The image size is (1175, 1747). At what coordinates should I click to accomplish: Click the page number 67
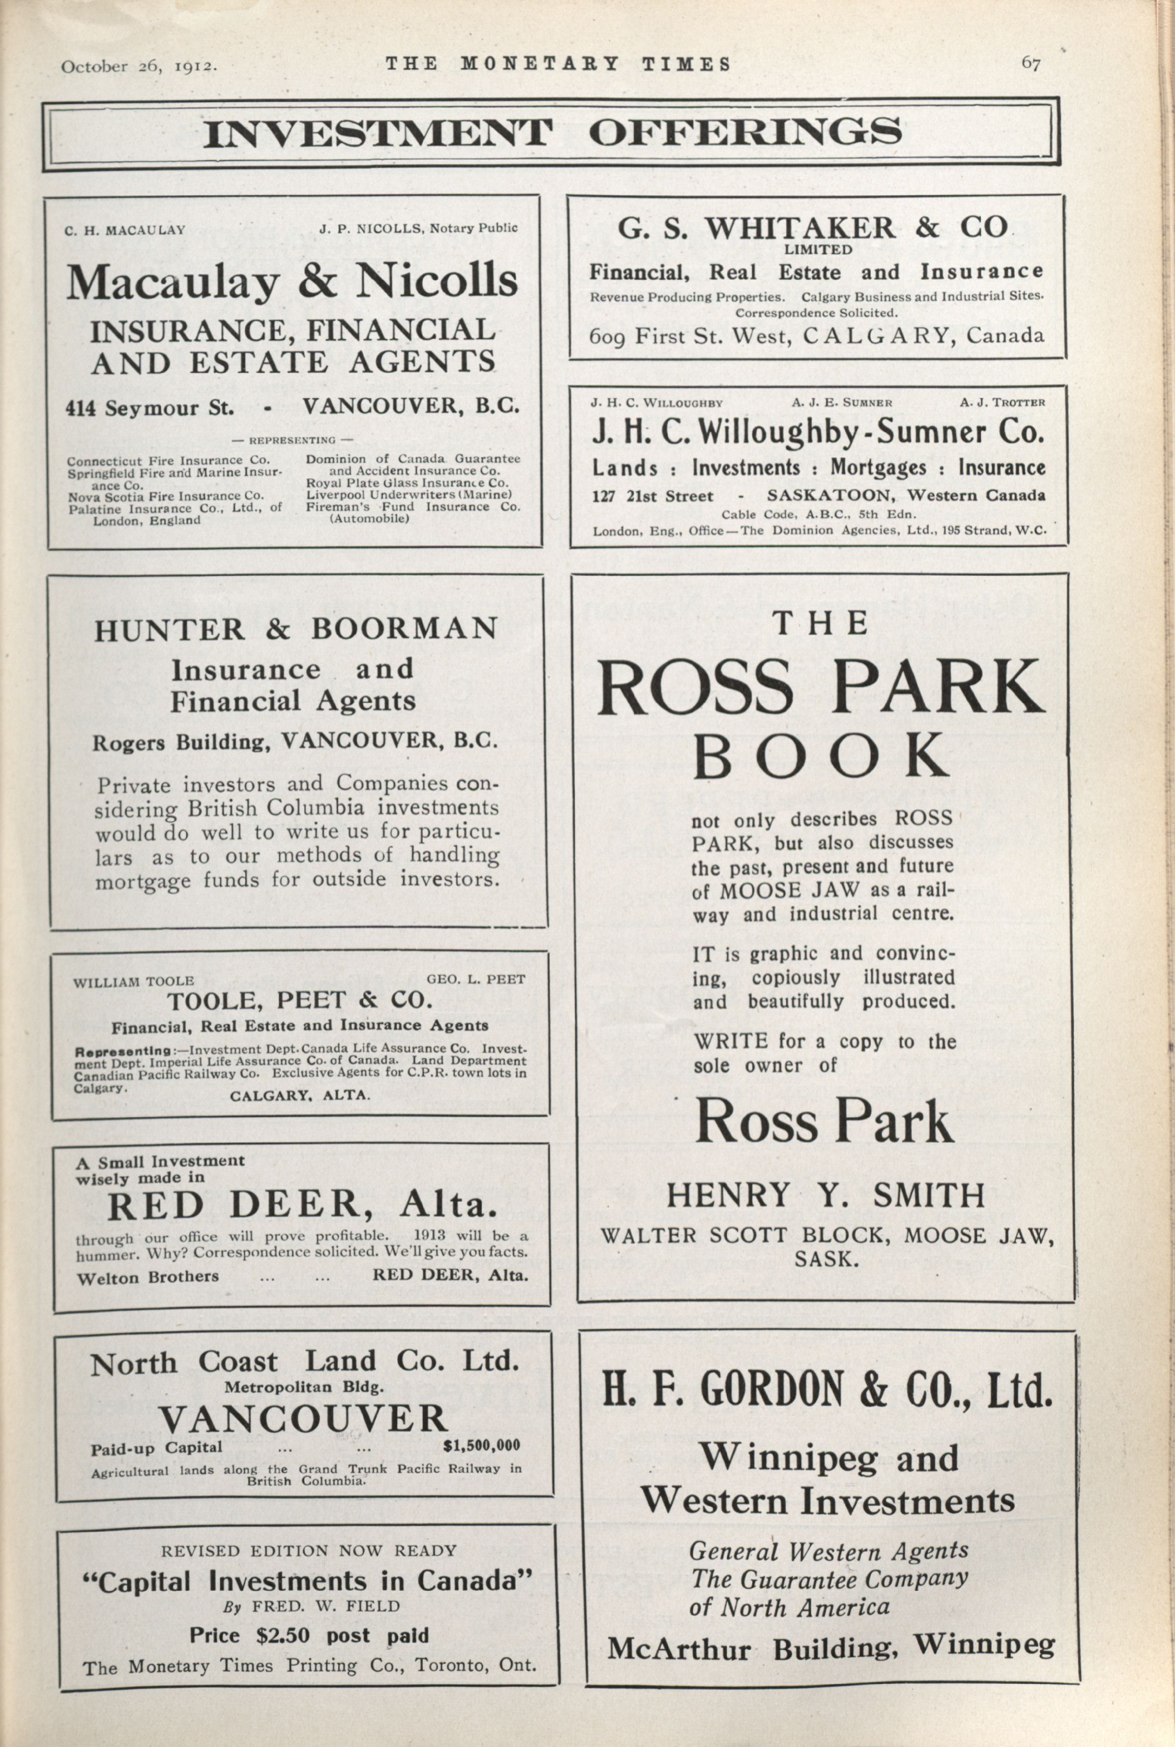(x=1031, y=64)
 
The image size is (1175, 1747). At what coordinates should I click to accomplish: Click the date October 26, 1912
(x=139, y=66)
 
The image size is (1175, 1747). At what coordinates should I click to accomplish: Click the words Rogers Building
(x=183, y=742)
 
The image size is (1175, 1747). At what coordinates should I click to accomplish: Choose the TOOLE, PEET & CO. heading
(x=299, y=1000)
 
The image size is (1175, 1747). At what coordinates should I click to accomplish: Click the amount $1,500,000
(x=482, y=1446)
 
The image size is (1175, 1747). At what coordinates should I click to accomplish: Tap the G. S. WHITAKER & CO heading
(x=813, y=227)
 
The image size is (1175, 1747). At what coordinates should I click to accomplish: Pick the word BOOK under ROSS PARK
(x=821, y=757)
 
